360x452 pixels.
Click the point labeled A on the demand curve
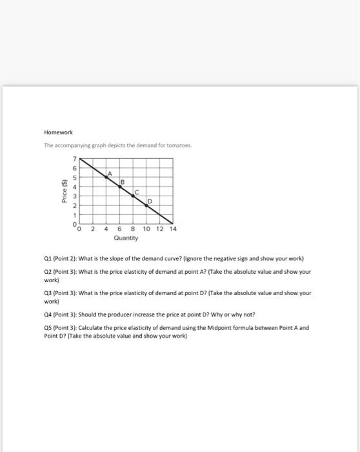click(x=106, y=176)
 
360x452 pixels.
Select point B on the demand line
click(x=119, y=185)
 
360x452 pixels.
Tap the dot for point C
click(x=133, y=195)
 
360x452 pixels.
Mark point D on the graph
click(x=146, y=205)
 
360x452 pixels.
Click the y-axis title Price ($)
click(x=63, y=190)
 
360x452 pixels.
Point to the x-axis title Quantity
click(x=126, y=238)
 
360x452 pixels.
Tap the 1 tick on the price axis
click(x=74, y=214)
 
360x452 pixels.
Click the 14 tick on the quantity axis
click(x=172, y=229)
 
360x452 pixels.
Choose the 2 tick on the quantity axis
click(x=93, y=229)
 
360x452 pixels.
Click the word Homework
click(x=59, y=132)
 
